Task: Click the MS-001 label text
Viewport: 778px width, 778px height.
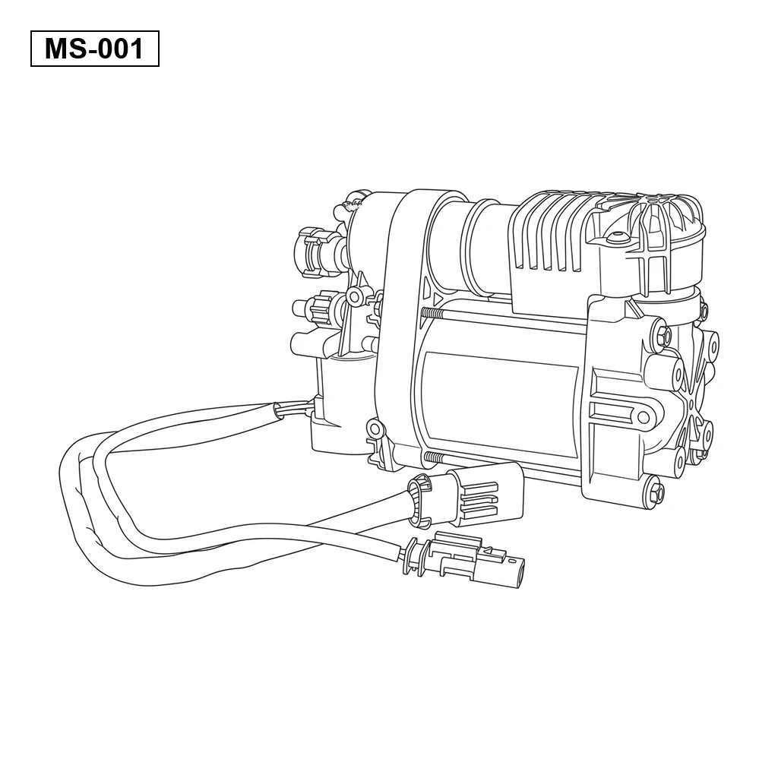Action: [x=94, y=49]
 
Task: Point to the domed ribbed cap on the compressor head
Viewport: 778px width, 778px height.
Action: [x=645, y=233]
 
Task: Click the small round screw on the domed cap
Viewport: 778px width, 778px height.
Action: [x=617, y=234]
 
